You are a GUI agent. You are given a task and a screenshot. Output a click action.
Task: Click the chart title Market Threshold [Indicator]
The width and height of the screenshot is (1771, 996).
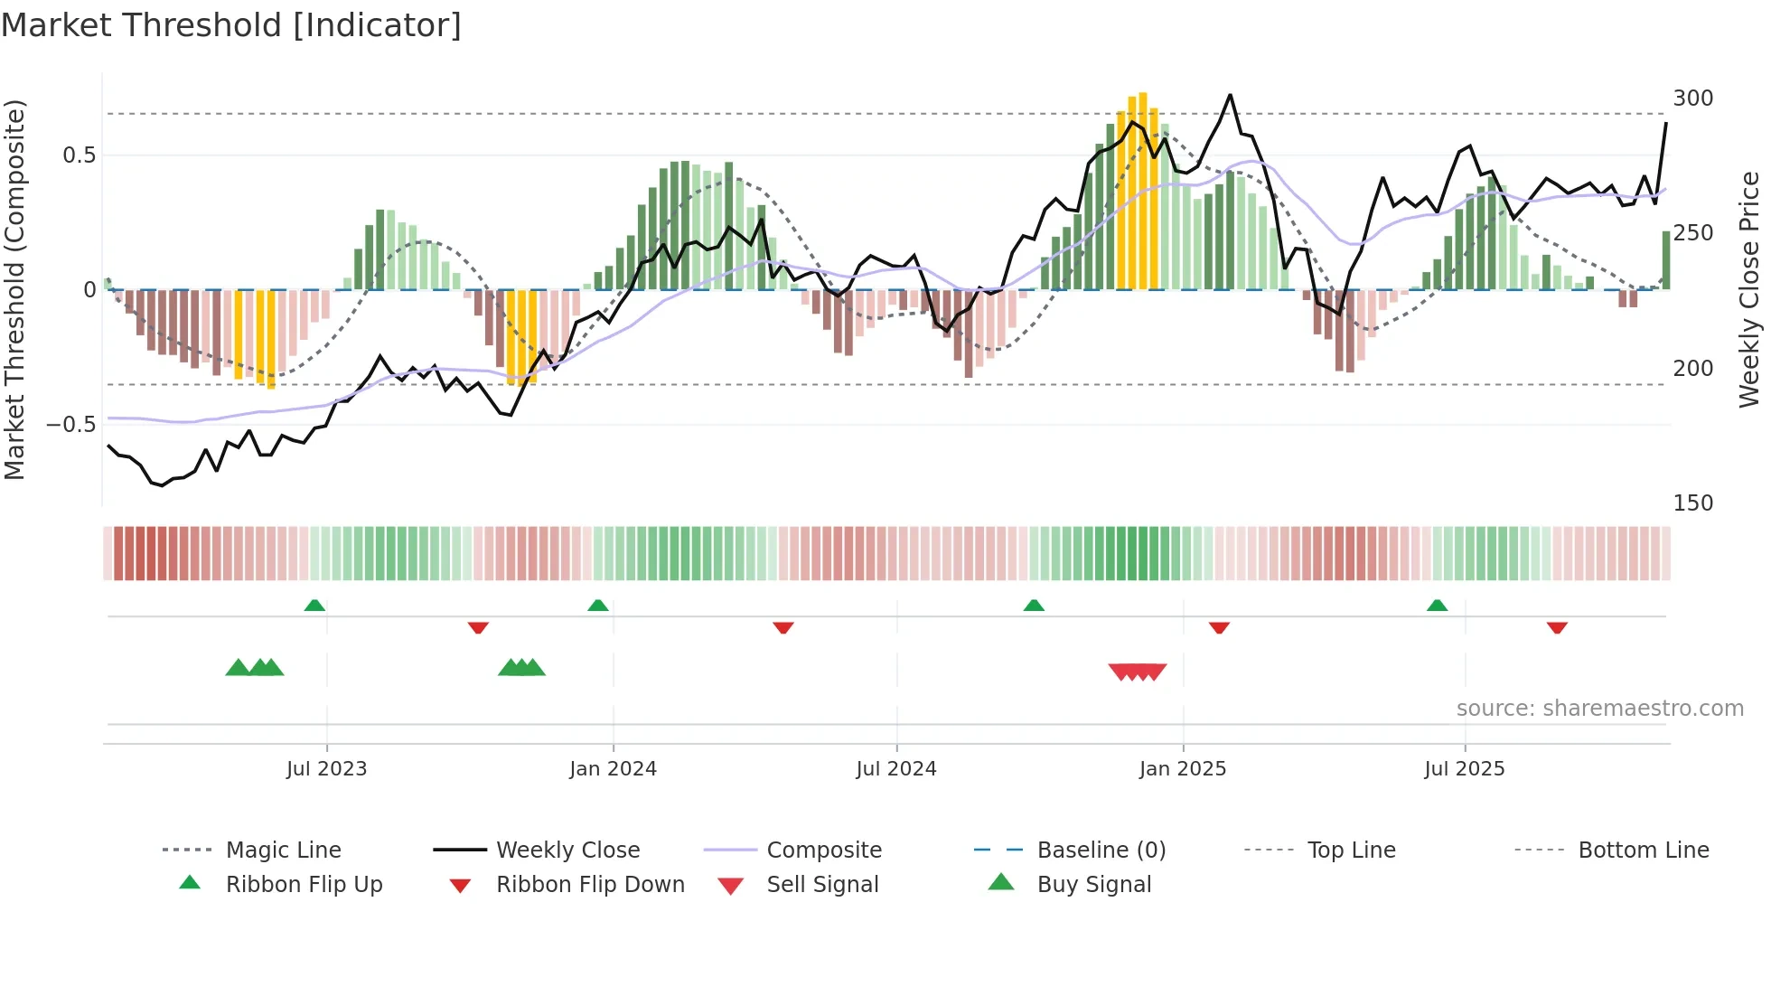click(231, 25)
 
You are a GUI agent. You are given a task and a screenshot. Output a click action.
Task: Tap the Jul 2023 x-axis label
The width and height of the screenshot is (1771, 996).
click(326, 769)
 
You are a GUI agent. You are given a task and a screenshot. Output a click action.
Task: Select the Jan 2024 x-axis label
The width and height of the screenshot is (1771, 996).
click(613, 769)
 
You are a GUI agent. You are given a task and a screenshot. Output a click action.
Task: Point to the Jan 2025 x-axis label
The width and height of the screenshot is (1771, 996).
click(1182, 769)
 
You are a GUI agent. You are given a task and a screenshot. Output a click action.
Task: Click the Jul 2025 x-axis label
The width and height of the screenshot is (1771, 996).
click(1464, 769)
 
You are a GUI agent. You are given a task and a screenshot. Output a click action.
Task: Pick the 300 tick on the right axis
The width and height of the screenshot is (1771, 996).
click(1692, 99)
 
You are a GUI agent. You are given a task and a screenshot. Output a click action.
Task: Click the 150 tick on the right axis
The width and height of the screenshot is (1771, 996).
click(1692, 503)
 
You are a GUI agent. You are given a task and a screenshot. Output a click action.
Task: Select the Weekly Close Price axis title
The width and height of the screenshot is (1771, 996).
click(1749, 289)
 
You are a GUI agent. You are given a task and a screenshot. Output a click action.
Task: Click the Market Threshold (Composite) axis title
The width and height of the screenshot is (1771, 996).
click(14, 289)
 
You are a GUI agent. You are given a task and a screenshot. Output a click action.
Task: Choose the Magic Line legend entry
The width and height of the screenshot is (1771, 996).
click(283, 850)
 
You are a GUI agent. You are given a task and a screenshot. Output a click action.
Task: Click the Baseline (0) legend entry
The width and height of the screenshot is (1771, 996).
click(1101, 850)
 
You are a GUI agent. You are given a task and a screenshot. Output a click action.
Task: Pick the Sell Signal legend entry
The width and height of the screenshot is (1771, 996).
click(821, 885)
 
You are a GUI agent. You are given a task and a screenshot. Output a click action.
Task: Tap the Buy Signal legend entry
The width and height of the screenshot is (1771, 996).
click(1093, 885)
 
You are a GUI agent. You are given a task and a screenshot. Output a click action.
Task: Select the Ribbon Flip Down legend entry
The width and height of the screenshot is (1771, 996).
click(589, 885)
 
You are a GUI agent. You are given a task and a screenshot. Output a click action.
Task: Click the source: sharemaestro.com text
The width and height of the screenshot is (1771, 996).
click(1599, 709)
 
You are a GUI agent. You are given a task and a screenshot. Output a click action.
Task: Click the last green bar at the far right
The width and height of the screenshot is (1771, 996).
click(1666, 260)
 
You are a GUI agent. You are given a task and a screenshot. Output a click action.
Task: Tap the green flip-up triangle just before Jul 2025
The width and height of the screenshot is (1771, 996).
click(1437, 606)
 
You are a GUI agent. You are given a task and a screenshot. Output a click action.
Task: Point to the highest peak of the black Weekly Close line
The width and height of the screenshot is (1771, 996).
click(1230, 95)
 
